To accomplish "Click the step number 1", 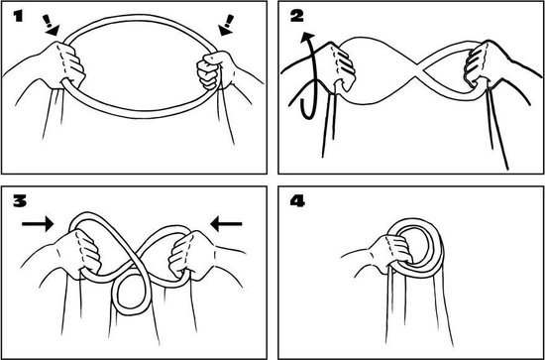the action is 18,16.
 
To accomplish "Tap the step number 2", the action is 296,16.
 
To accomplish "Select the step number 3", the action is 20,201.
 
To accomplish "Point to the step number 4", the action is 297,201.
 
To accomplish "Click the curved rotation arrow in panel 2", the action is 308,74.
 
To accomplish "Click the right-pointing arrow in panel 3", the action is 38,224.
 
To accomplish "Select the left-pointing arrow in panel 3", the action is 227,224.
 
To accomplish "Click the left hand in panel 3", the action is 78,254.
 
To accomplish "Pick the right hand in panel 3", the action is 189,256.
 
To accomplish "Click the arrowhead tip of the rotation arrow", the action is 307,33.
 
